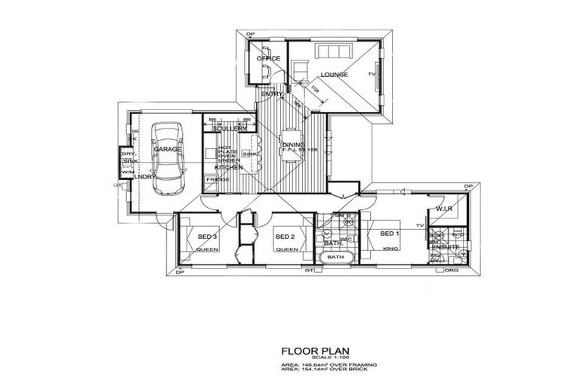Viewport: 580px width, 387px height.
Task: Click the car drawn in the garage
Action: click(x=167, y=159)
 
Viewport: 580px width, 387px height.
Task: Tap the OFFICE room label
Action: click(x=268, y=58)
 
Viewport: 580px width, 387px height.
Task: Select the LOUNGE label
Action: click(x=333, y=75)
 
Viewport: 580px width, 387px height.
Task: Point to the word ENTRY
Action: click(x=273, y=94)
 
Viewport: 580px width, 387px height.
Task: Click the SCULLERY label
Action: click(x=230, y=128)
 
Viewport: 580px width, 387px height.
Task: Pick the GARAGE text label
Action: click(x=168, y=150)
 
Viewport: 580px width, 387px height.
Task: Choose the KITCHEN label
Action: click(x=229, y=167)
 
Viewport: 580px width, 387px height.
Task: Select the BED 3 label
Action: click(x=208, y=237)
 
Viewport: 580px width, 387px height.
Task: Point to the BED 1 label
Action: click(x=390, y=233)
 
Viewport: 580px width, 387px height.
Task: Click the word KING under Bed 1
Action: click(x=390, y=248)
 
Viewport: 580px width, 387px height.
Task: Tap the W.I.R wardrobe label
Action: click(x=443, y=209)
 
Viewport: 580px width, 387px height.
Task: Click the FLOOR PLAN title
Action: click(x=314, y=351)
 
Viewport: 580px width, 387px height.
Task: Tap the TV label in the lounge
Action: click(x=372, y=75)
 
